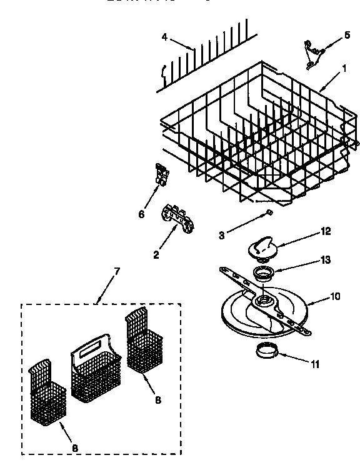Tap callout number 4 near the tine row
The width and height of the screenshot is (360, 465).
[x=164, y=37]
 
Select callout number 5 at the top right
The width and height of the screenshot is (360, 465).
[x=347, y=36]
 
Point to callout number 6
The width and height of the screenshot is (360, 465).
[x=142, y=214]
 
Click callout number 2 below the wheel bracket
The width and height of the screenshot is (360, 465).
[x=156, y=254]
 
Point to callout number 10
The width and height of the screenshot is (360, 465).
[x=335, y=296]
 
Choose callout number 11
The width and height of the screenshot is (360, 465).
[x=315, y=363]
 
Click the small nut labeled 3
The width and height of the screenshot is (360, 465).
[x=267, y=213]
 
